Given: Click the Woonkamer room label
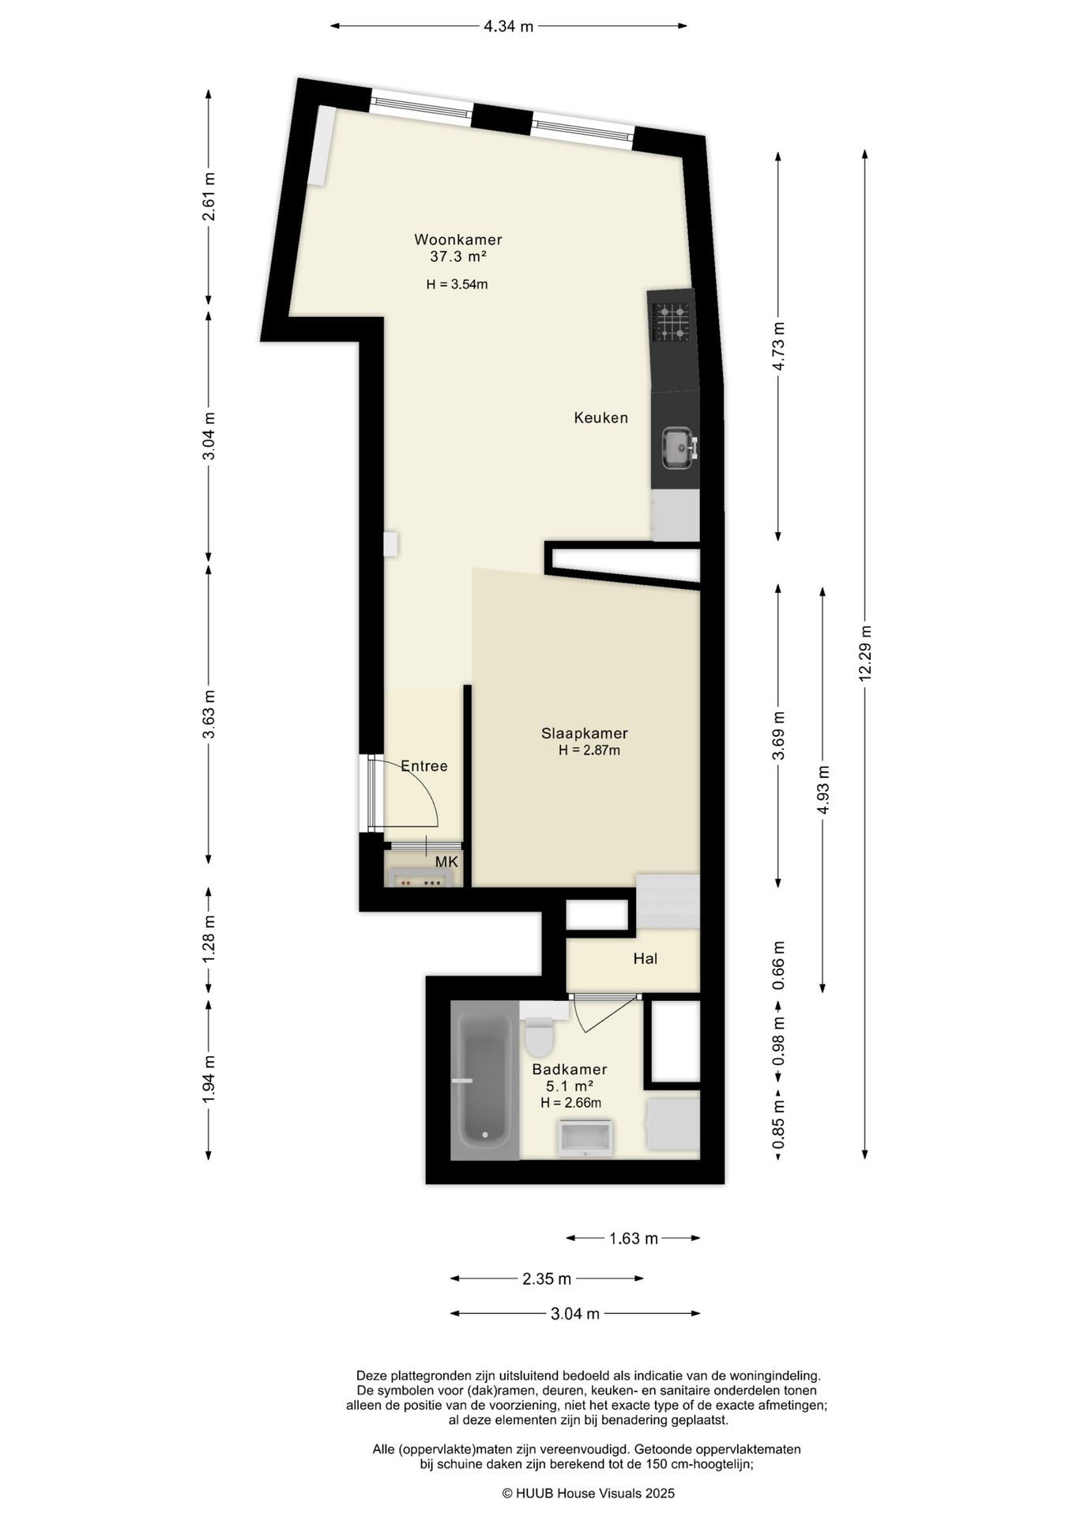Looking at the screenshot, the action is (x=458, y=240).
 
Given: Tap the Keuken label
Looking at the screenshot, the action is (x=601, y=417).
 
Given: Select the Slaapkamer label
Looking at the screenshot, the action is (x=585, y=733).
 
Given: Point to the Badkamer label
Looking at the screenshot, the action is (x=569, y=1070).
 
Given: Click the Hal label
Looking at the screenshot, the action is (x=646, y=959).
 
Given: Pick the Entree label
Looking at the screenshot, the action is (x=424, y=766).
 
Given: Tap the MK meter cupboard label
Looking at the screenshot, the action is (x=446, y=862).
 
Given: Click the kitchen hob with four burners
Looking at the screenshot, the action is (x=671, y=322).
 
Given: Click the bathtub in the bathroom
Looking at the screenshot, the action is (x=484, y=1080).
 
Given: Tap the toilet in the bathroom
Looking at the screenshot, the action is (x=541, y=1033).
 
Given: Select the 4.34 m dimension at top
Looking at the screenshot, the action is (x=509, y=26).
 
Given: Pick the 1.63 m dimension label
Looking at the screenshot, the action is (x=634, y=1239).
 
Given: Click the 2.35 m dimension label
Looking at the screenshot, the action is (x=547, y=1278).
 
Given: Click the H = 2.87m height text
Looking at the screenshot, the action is (x=589, y=750).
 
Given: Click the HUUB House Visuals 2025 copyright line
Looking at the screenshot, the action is (x=589, y=1493).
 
